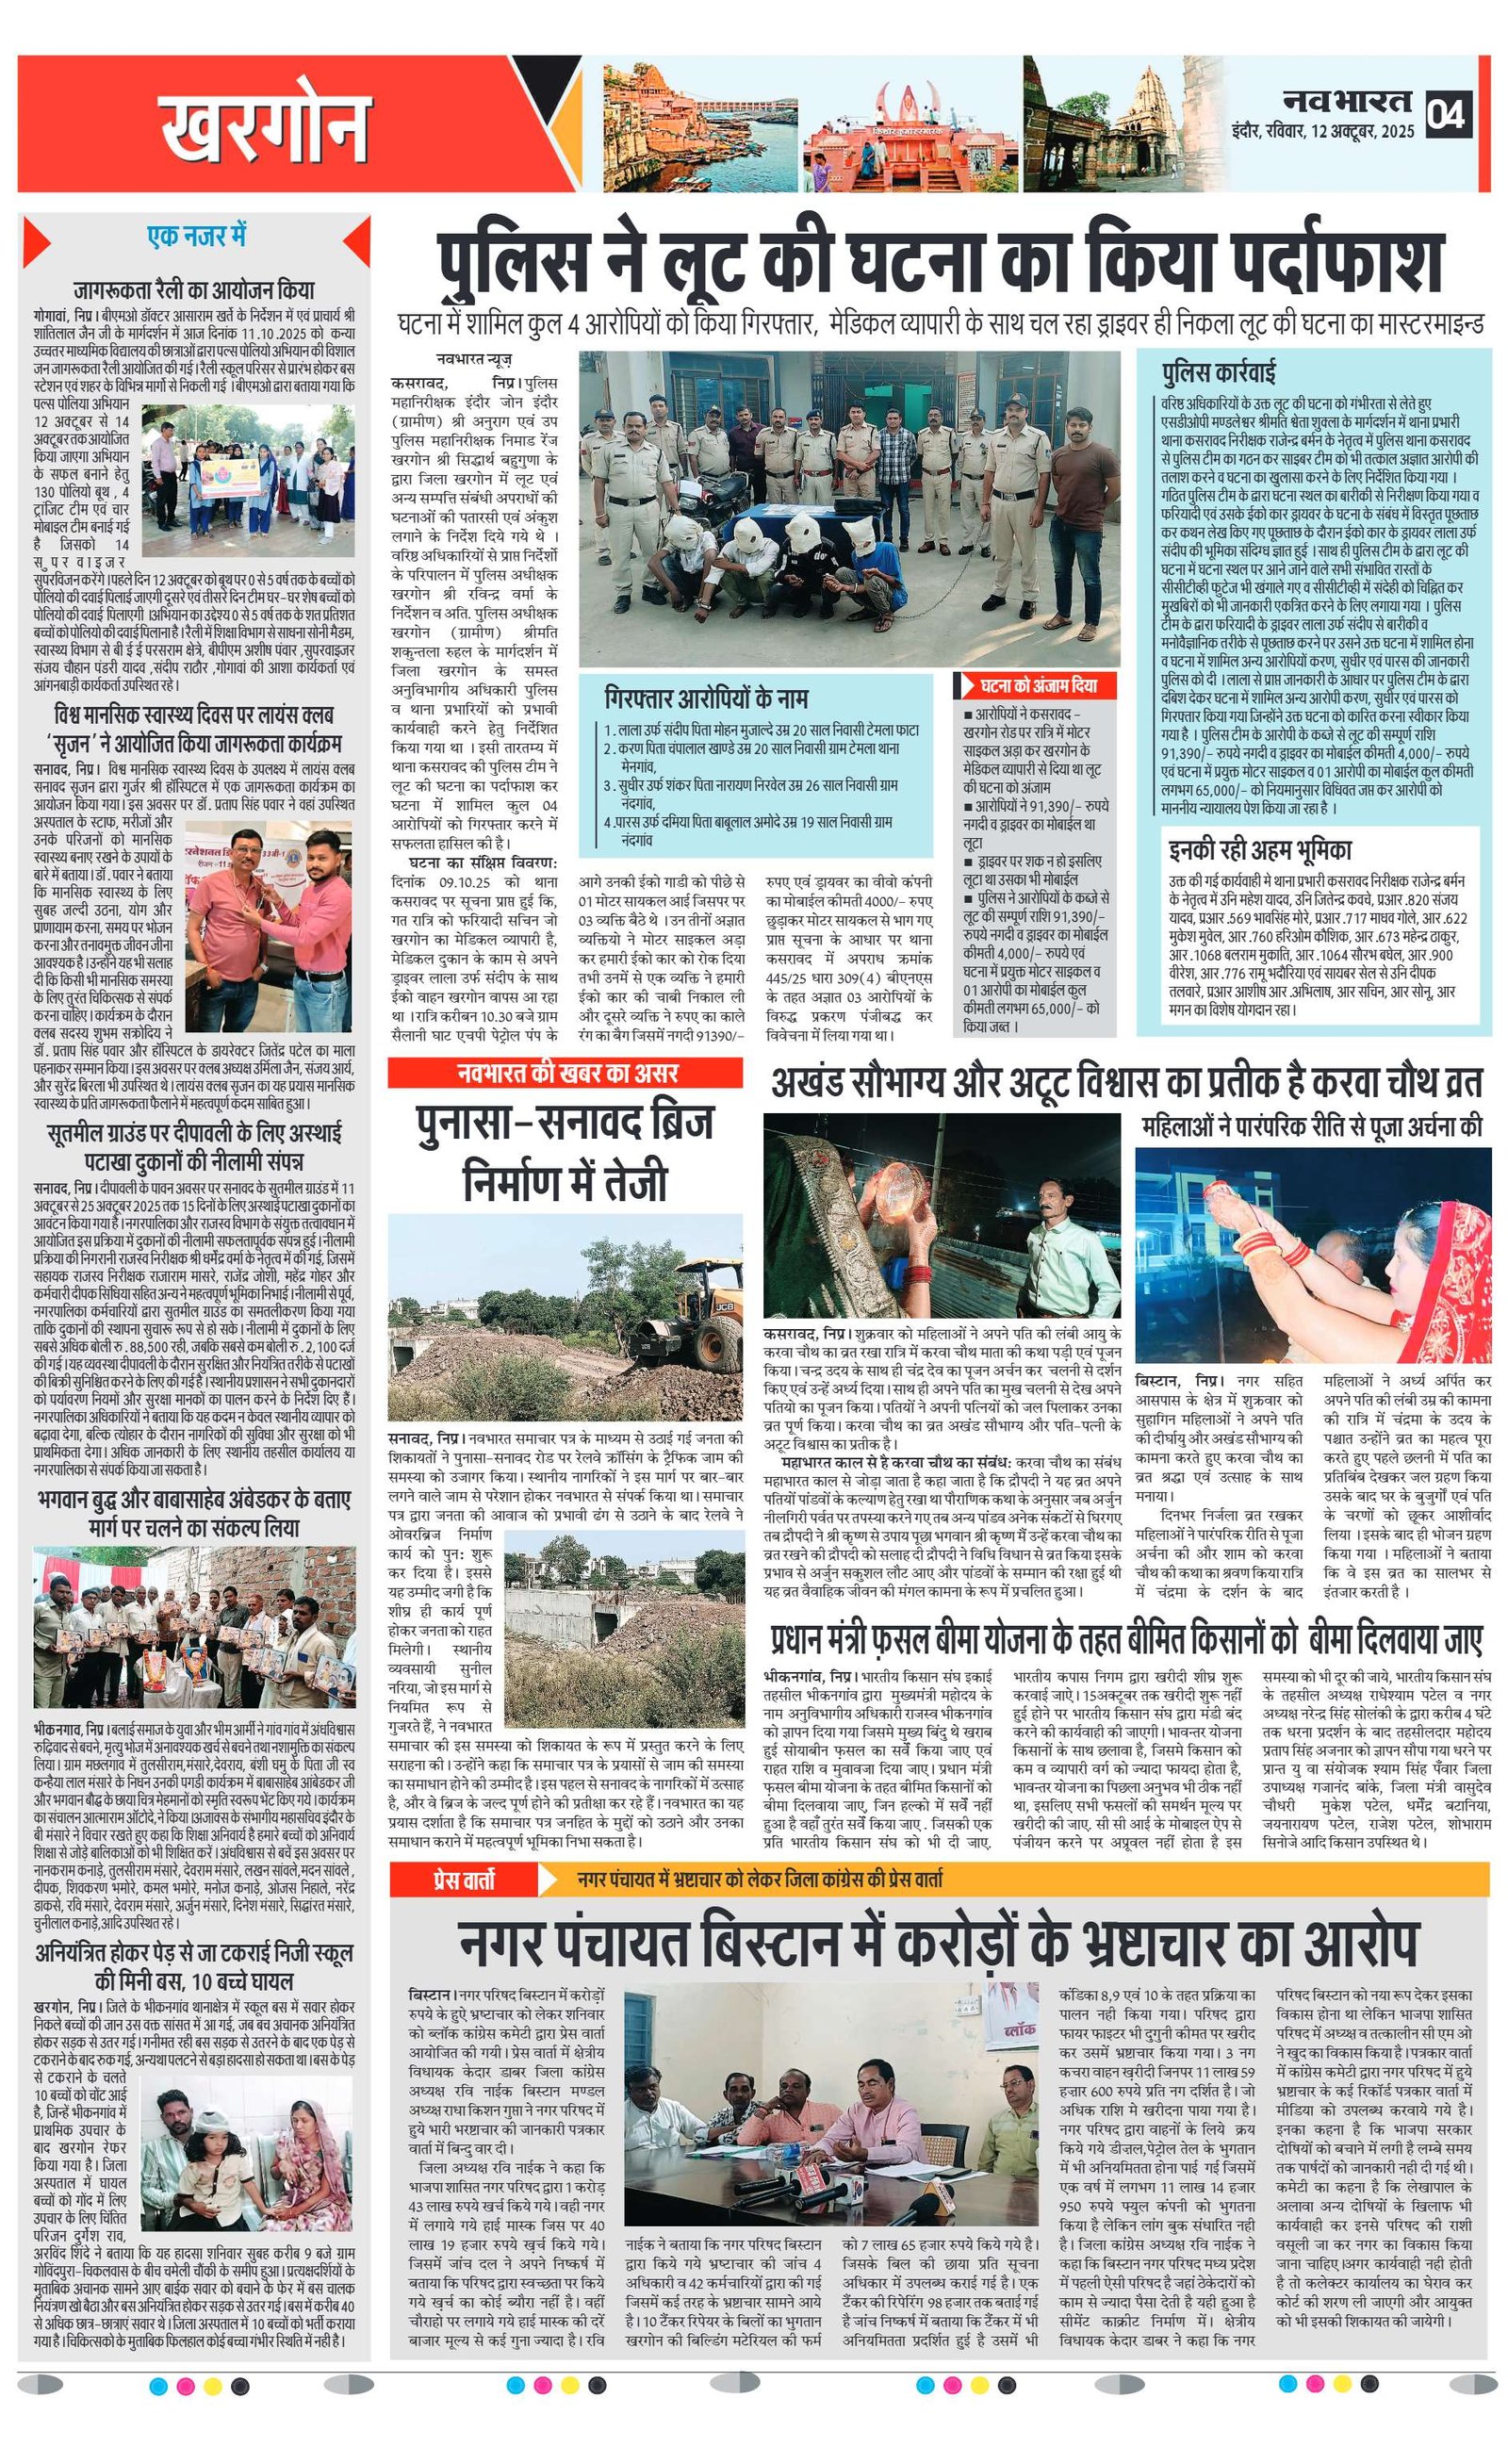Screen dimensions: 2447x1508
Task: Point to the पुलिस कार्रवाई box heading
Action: coord(1218,372)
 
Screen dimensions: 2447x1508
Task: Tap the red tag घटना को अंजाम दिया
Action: coord(1038,685)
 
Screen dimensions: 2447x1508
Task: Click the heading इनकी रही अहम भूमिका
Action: coord(1260,849)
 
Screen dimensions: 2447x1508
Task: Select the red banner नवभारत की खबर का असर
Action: coord(566,1073)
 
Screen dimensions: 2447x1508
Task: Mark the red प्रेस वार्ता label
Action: coord(463,1880)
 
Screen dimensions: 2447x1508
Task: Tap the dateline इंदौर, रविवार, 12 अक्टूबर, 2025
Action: coord(1322,132)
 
